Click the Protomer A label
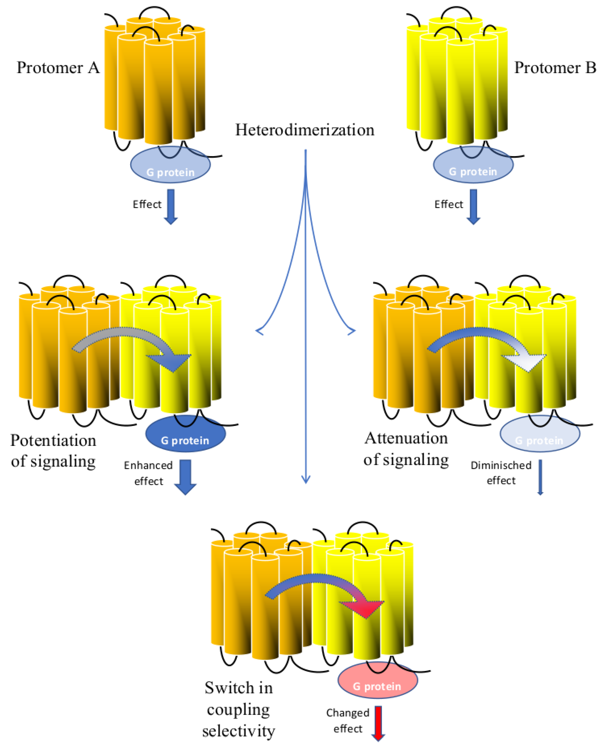coord(58,67)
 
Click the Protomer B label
coord(555,67)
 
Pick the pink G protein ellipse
coord(378,680)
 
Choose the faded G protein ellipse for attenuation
coord(540,434)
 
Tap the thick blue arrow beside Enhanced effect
coord(186,477)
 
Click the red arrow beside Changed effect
coord(378,724)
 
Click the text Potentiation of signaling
coord(53,451)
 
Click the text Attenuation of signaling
coord(406,449)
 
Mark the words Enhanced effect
coord(148,473)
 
